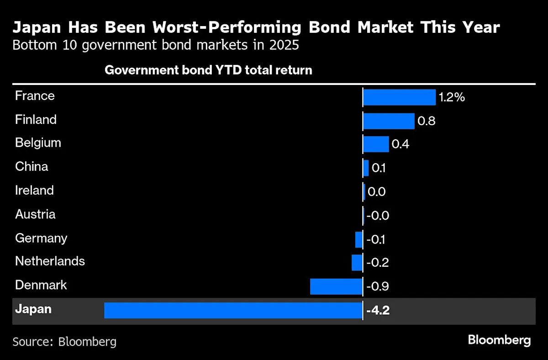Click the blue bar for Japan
233,310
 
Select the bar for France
399,97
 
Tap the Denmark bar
336,286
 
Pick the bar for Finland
389,121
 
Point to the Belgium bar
376,144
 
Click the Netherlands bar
357,263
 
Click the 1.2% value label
452,97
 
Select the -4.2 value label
378,311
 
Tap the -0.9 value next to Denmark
378,286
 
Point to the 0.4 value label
400,144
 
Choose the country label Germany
41,238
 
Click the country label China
32,166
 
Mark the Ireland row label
34,190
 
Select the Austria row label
35,214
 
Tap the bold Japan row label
33,309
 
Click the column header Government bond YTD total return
208,70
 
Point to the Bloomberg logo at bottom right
499,340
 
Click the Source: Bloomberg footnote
64,341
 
